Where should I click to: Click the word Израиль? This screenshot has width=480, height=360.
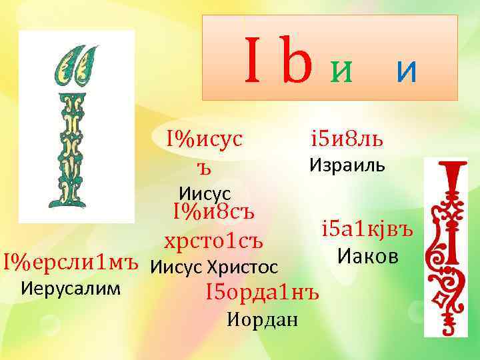347,164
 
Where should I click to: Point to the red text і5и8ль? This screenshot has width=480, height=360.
347,140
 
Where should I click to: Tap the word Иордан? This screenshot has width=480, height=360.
262,319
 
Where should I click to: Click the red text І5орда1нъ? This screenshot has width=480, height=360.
263,292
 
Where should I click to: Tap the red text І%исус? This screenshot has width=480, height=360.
205,139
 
